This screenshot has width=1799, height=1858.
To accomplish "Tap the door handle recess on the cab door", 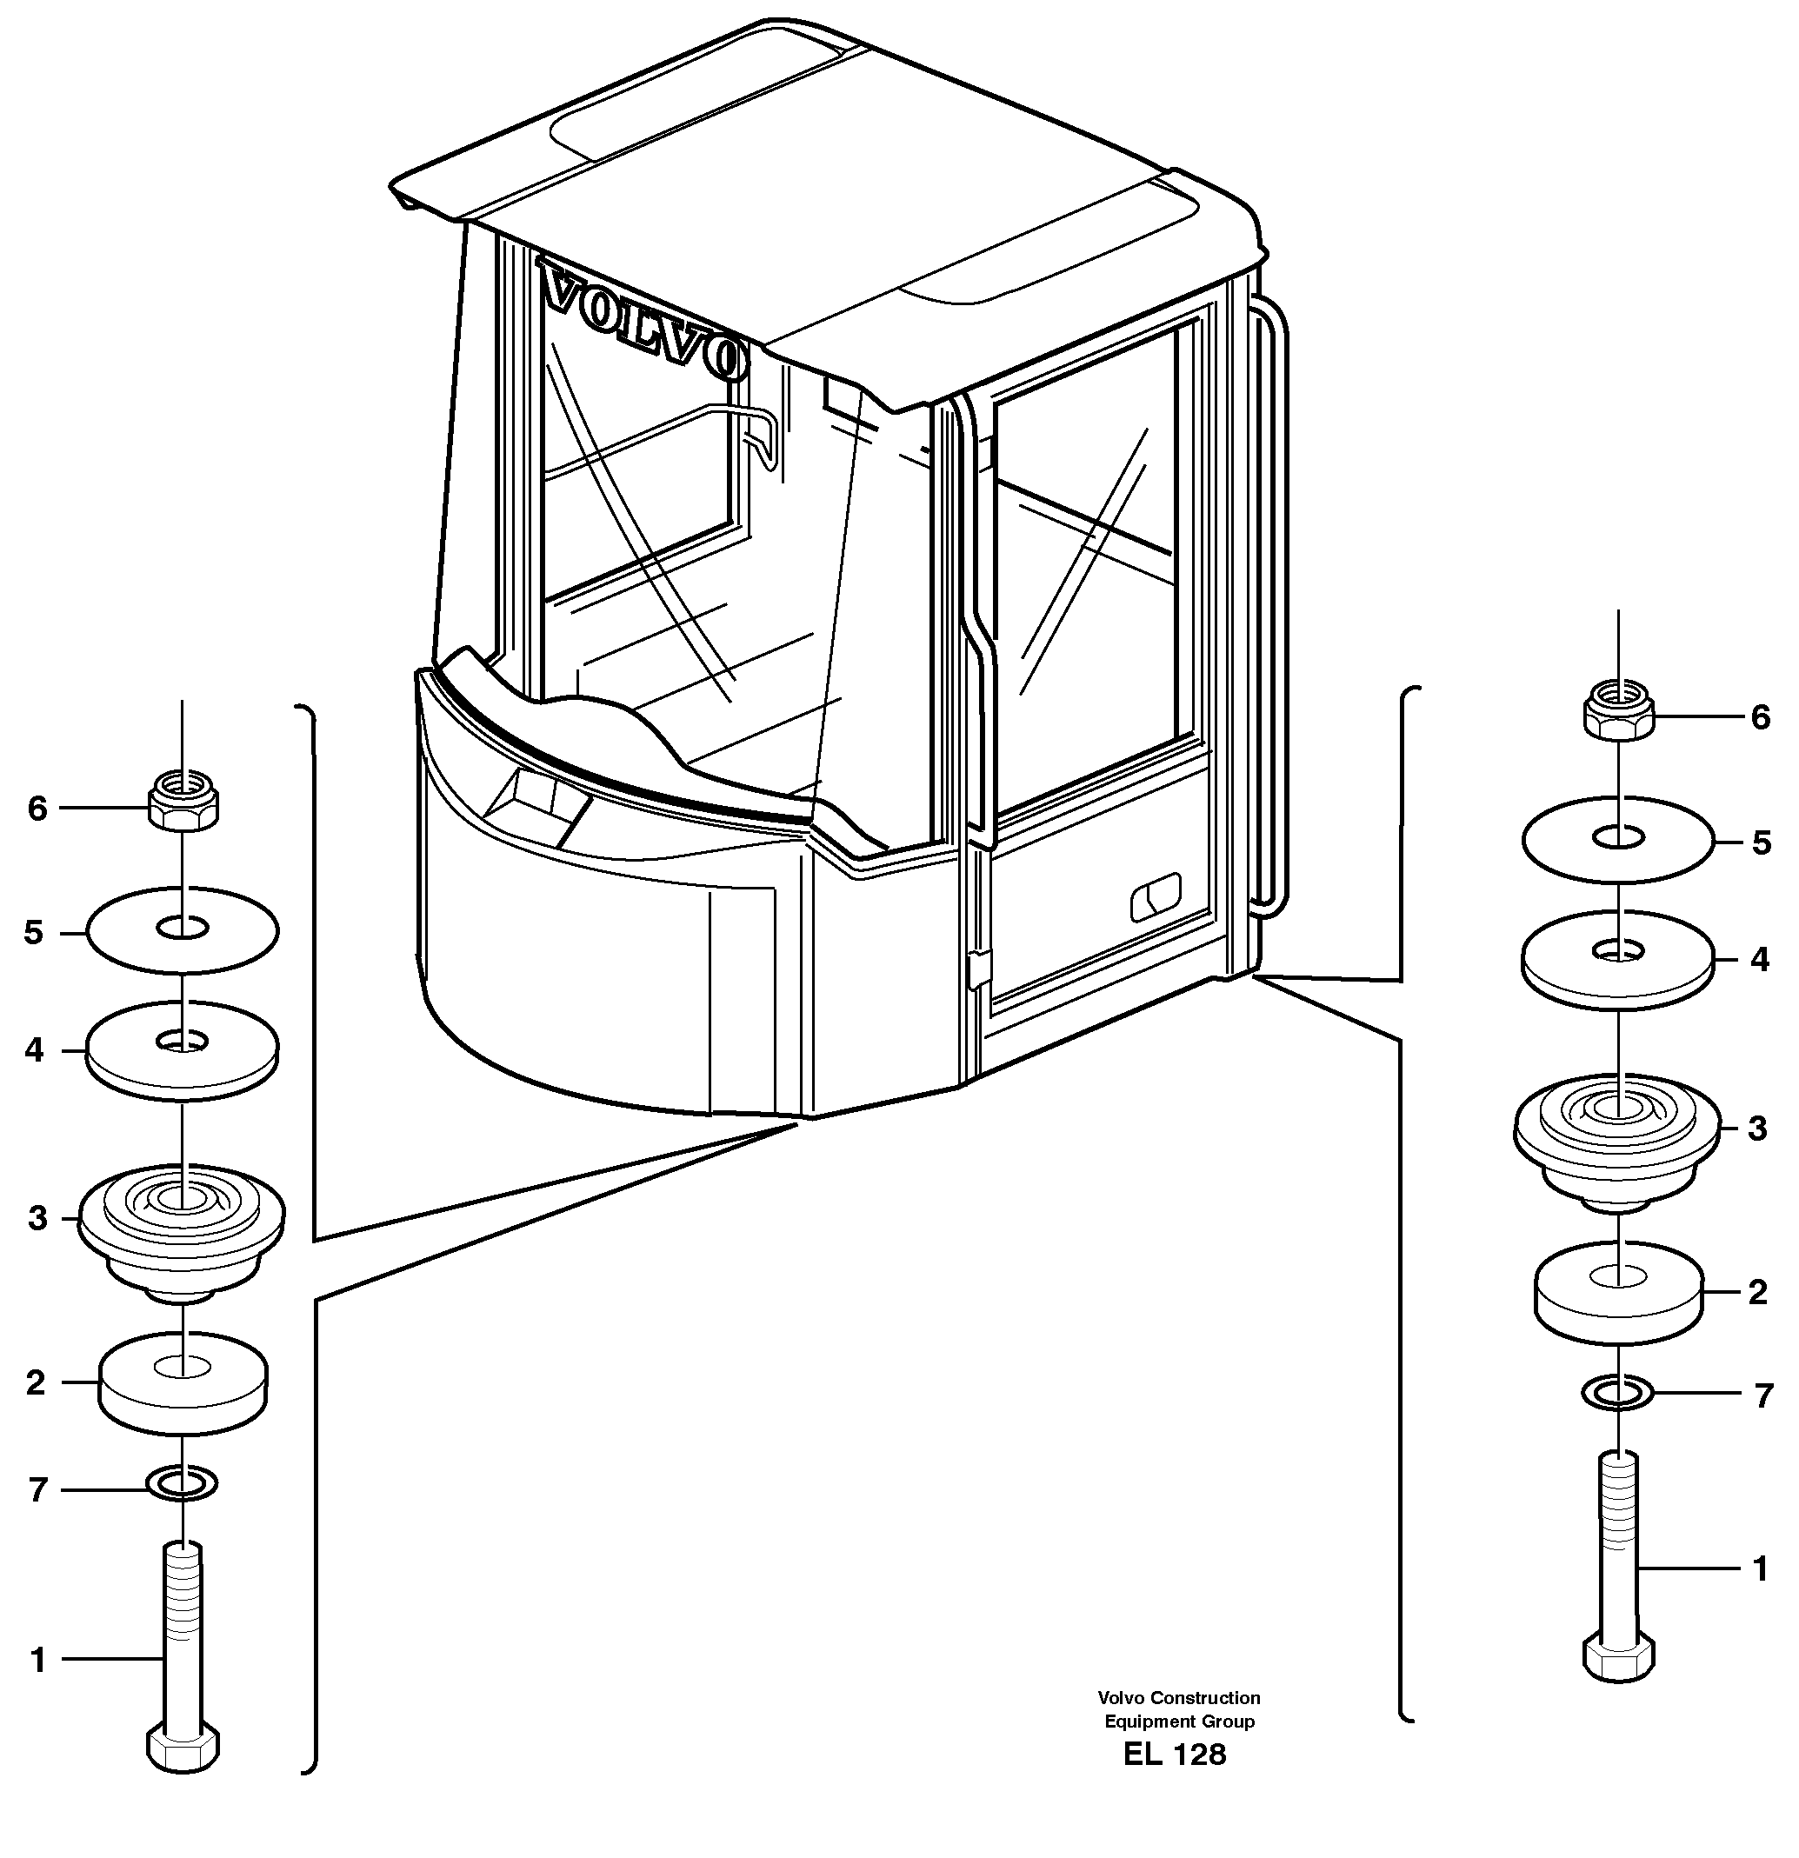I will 1156,896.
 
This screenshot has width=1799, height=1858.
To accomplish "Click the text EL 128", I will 1175,1755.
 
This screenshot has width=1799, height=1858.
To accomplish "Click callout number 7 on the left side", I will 38,1490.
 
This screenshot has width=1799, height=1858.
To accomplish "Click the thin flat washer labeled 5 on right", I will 1618,840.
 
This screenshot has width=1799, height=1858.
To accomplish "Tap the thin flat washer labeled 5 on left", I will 182,930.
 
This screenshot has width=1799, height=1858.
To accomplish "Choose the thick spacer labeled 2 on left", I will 183,1384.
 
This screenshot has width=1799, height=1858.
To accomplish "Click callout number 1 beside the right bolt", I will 1760,1568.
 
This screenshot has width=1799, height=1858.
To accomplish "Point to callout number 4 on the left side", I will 35,1050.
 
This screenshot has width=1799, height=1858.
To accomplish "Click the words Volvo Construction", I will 1178,1698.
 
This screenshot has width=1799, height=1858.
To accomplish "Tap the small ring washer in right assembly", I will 1618,1393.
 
